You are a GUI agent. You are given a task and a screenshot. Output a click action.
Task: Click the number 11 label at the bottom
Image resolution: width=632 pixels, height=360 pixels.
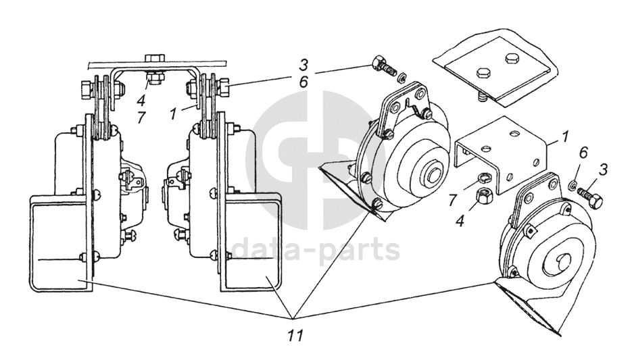tap(292, 334)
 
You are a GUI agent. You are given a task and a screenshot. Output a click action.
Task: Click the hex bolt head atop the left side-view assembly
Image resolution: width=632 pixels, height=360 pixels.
tap(152, 58)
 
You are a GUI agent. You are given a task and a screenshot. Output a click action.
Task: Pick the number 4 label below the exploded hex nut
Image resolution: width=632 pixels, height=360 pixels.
tap(460, 220)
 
